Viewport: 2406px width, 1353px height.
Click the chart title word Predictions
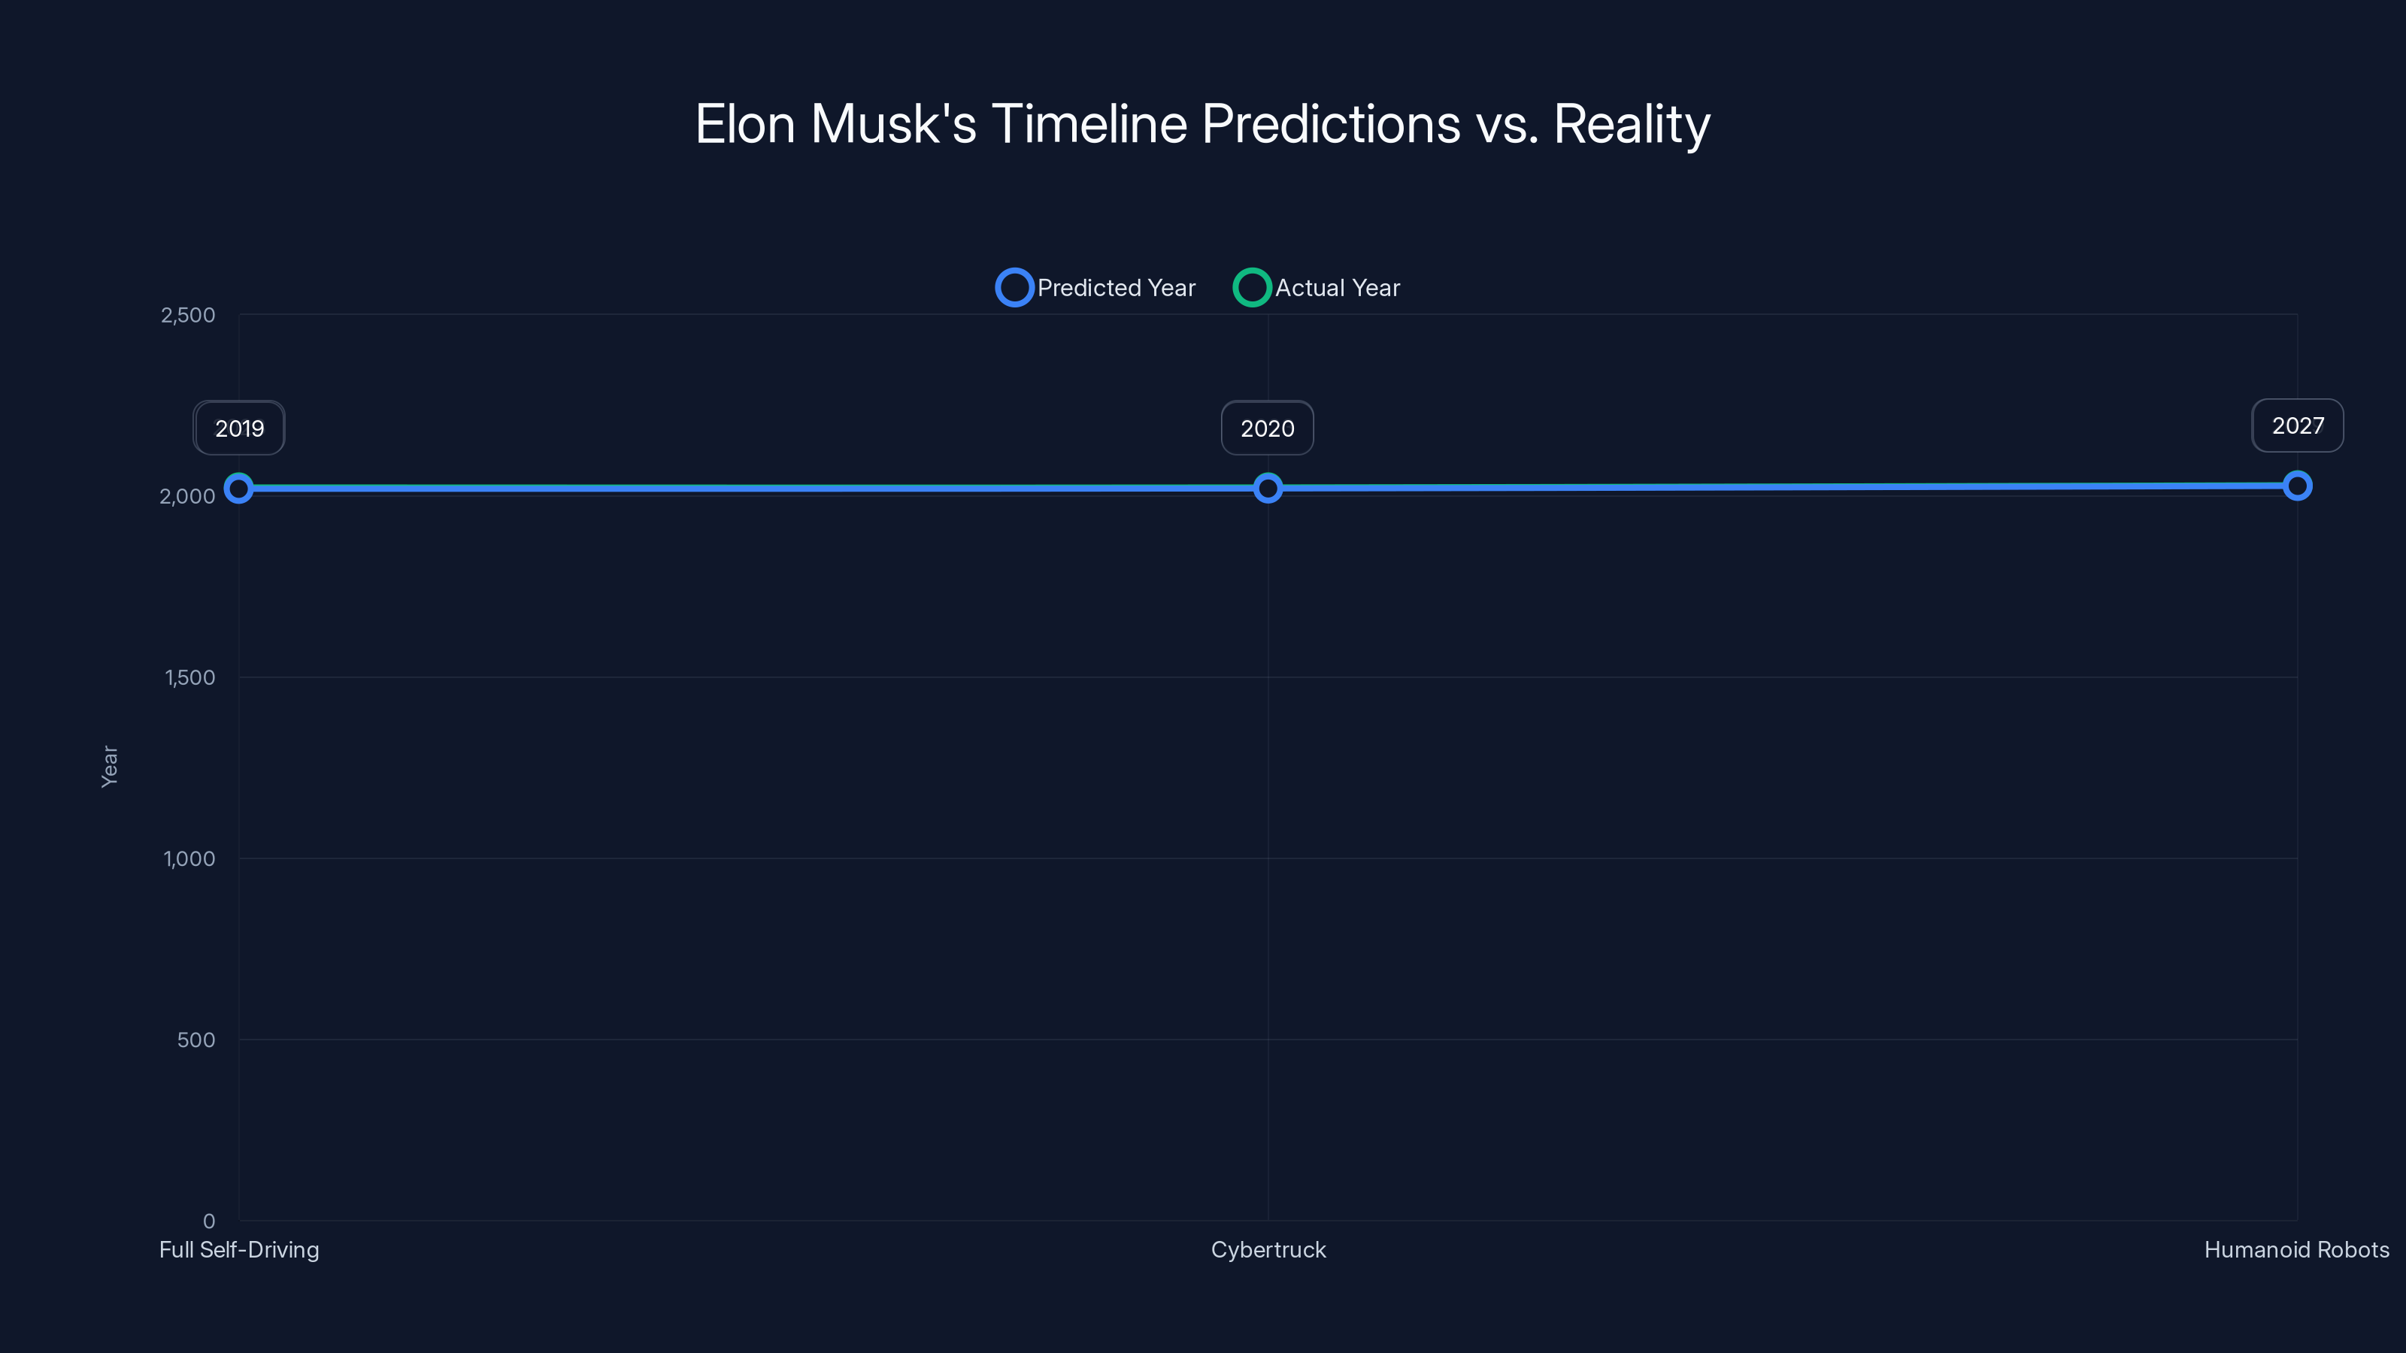coord(1330,124)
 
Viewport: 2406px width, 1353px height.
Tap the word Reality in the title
coord(1631,124)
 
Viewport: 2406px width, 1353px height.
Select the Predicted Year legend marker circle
coord(1014,288)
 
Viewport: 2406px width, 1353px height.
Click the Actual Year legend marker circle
coord(1252,288)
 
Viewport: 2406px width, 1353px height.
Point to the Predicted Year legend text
coord(1116,288)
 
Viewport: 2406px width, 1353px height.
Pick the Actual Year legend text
coord(1338,288)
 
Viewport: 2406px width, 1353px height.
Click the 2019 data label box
coord(239,428)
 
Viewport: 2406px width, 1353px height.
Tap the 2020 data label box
coord(1268,428)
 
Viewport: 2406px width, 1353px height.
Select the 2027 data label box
coord(2298,425)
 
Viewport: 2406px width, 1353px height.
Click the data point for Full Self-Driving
coord(239,489)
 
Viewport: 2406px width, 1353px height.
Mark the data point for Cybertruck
coord(1268,489)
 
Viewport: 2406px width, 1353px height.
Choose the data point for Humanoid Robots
coord(2298,486)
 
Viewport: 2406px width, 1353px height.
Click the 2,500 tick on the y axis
coord(188,315)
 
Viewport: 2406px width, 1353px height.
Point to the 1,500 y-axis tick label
coord(189,677)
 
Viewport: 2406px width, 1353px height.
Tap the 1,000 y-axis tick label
coord(189,858)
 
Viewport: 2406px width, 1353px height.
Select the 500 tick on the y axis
coord(196,1040)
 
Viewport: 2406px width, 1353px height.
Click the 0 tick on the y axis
coord(209,1221)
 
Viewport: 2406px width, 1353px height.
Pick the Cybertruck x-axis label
coord(1268,1249)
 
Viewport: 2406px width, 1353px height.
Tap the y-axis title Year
coord(109,766)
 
